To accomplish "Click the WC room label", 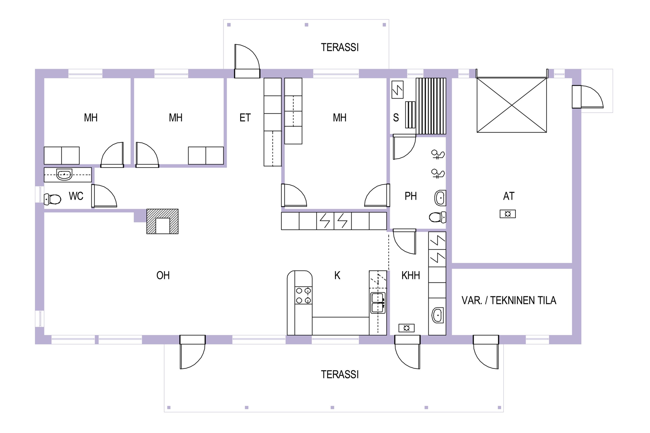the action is (76, 196).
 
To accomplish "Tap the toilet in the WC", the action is (52, 199).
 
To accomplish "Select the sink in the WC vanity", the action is (64, 174).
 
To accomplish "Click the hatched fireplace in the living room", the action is (162, 221).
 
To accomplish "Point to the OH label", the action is (163, 275).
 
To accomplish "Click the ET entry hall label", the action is (245, 118).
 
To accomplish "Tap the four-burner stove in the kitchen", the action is (304, 296).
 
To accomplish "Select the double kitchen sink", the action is (378, 303).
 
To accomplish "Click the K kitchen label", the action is (337, 275).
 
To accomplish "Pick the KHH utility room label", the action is (411, 275).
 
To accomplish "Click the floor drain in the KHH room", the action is (406, 328).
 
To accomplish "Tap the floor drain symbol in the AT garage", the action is (508, 214).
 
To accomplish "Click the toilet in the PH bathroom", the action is (437, 217).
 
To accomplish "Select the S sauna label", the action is (396, 118).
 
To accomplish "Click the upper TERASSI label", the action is (340, 47).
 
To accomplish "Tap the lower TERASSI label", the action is (340, 375).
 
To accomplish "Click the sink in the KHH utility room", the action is (437, 315).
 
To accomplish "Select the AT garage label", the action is (509, 196).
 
